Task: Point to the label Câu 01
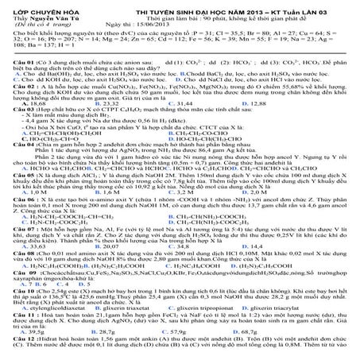(16, 60)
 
